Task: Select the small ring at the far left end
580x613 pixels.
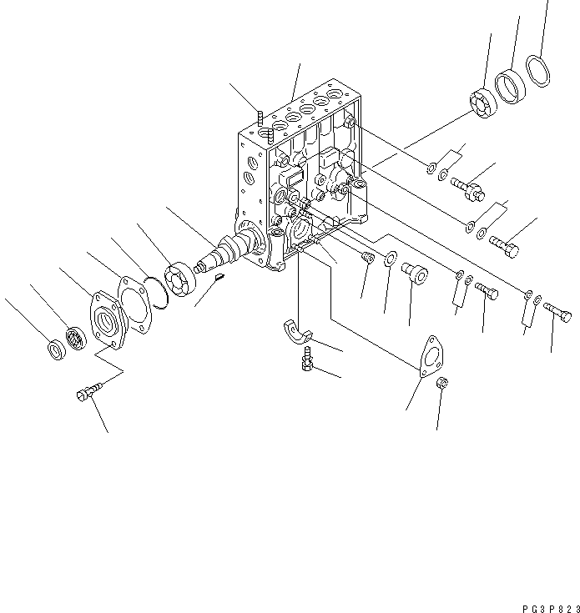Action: click(x=55, y=349)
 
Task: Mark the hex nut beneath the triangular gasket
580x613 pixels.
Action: click(x=443, y=385)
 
